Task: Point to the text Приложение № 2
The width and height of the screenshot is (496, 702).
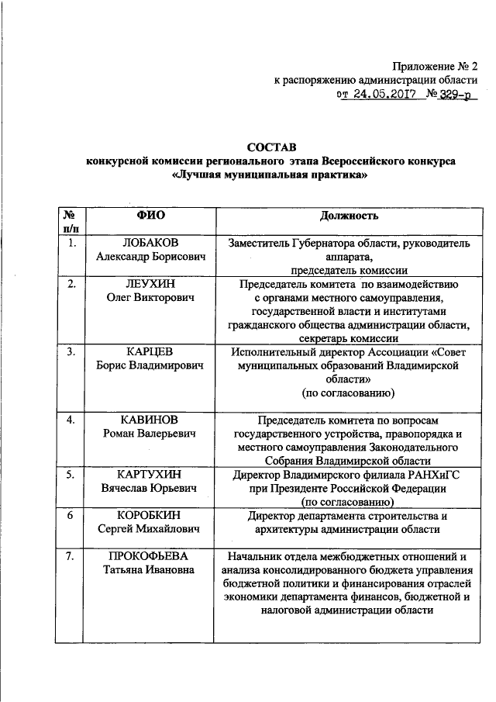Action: [437, 66]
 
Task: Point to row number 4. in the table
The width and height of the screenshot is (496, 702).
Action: [71, 420]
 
